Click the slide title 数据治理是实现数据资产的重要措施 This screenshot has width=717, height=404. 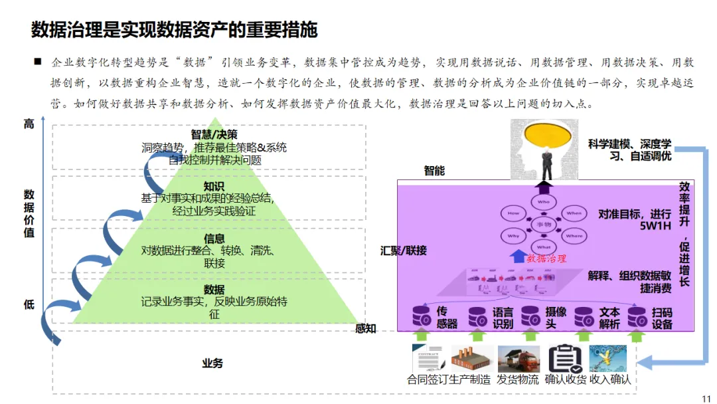[x=174, y=30]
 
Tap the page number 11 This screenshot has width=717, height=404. [x=705, y=397]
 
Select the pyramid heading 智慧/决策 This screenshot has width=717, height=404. [x=214, y=136]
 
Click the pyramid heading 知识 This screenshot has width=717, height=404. [x=214, y=187]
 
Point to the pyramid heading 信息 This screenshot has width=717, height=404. [x=214, y=239]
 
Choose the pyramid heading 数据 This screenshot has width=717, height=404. [x=214, y=290]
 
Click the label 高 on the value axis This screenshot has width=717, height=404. [x=29, y=124]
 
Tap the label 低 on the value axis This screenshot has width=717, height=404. [x=29, y=305]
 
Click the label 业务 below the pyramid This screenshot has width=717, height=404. [x=212, y=363]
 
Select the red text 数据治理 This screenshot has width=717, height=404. [x=546, y=258]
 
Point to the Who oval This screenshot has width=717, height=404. [x=544, y=202]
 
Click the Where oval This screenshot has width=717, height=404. [x=574, y=236]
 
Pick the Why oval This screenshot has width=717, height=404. [x=514, y=236]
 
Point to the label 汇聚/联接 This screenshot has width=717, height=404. [x=404, y=251]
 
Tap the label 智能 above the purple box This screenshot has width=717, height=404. [x=434, y=171]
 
